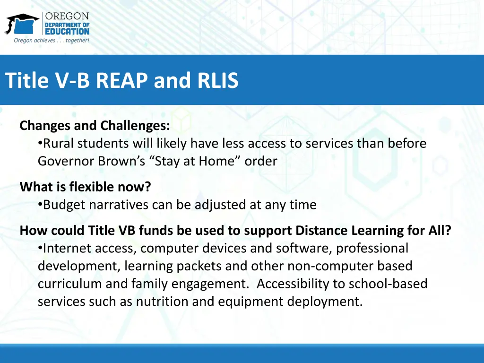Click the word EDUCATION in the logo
coord(67,31)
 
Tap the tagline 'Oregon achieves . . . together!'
coord(51,41)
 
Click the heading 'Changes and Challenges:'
coord(95,126)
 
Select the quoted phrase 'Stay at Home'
coord(196,161)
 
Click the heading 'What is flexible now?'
coord(85,187)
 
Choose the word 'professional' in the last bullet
coord(372,248)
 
